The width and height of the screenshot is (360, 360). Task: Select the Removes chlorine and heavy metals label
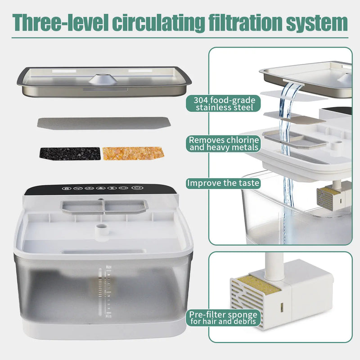click(x=224, y=143)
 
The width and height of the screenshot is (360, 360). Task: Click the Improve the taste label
click(x=223, y=183)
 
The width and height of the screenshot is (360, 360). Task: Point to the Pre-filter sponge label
click(x=224, y=318)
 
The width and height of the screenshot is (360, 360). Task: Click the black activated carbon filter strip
click(x=70, y=153)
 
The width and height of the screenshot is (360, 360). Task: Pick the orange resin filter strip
click(x=133, y=153)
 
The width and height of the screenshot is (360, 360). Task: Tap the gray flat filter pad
click(x=104, y=122)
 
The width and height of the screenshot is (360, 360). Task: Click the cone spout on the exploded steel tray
click(x=103, y=79)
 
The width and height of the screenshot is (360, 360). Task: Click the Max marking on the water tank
click(x=108, y=267)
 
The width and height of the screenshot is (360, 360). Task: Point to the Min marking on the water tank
click(x=108, y=317)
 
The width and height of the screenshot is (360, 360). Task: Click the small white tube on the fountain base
click(x=101, y=231)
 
